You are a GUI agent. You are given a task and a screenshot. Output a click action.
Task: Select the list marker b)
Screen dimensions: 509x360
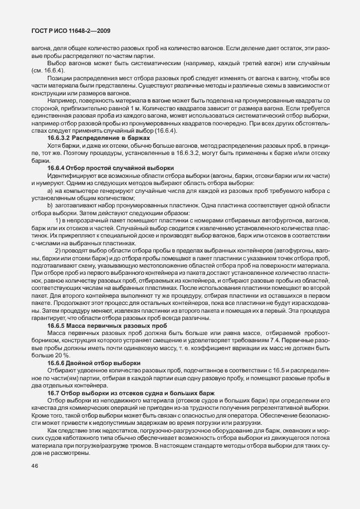point(51,206)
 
